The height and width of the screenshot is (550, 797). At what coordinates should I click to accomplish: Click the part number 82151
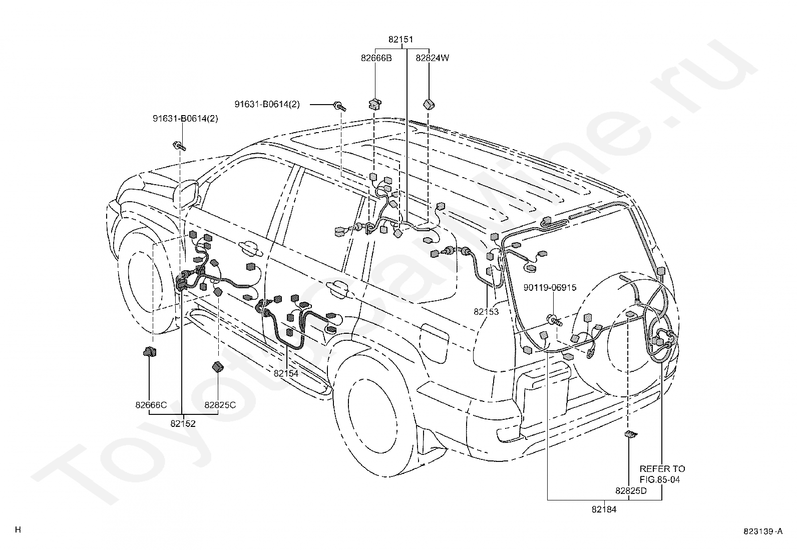pyautogui.click(x=401, y=39)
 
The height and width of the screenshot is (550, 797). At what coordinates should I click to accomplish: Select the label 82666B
pyautogui.click(x=376, y=58)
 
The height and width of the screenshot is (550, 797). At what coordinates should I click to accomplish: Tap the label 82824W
pyautogui.click(x=433, y=58)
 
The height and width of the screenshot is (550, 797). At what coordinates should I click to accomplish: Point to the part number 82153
pyautogui.click(x=486, y=312)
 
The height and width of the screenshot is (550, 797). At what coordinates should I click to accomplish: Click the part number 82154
pyautogui.click(x=286, y=373)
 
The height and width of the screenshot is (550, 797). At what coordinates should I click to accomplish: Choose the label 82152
pyautogui.click(x=183, y=424)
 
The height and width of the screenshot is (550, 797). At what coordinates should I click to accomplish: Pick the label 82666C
pyautogui.click(x=151, y=405)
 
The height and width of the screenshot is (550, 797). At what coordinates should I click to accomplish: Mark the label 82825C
pyautogui.click(x=220, y=405)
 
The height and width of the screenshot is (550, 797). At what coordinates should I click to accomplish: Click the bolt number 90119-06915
pyautogui.click(x=550, y=287)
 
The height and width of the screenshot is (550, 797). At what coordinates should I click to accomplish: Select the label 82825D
pyautogui.click(x=631, y=491)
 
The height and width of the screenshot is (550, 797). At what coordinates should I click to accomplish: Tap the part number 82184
pyautogui.click(x=604, y=509)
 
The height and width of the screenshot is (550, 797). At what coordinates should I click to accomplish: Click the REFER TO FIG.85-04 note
pyautogui.click(x=662, y=474)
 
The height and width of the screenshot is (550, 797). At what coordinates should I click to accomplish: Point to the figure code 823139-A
pyautogui.click(x=763, y=531)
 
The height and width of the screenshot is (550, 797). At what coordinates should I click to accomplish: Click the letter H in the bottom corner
pyautogui.click(x=18, y=529)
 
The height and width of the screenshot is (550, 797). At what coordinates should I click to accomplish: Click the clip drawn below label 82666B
pyautogui.click(x=374, y=104)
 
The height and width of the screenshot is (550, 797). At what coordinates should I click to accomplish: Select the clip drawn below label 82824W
pyautogui.click(x=429, y=105)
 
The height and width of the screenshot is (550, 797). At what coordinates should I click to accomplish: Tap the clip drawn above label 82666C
pyautogui.click(x=150, y=352)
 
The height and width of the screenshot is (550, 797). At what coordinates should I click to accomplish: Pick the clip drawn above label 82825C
pyautogui.click(x=218, y=366)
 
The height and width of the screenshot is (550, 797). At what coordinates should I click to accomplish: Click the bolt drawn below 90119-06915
pyautogui.click(x=555, y=320)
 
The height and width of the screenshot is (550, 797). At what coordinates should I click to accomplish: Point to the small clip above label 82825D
pyautogui.click(x=631, y=434)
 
